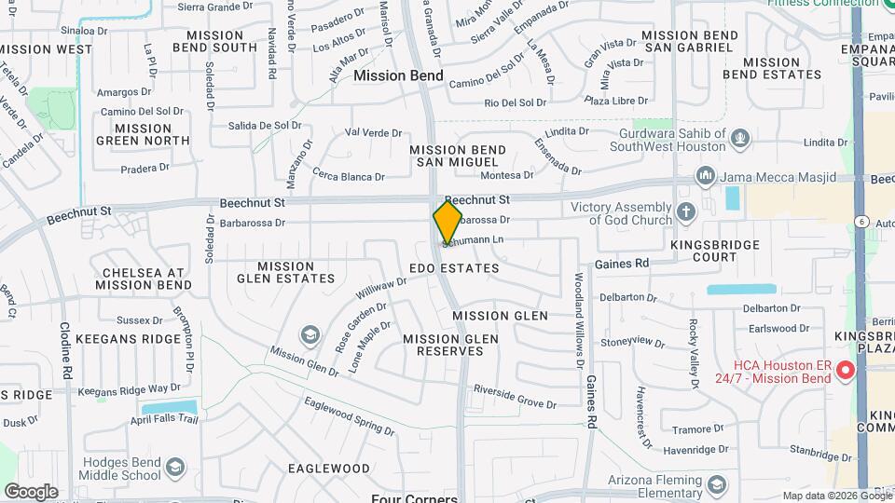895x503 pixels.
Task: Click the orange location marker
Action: pyautogui.click(x=447, y=222)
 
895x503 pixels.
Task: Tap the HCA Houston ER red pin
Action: pyautogui.click(x=846, y=371)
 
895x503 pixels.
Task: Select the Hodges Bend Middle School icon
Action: pyautogui.click(x=173, y=467)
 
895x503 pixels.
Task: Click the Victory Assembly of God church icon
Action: pyautogui.click(x=687, y=212)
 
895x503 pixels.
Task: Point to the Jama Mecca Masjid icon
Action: pyautogui.click(x=705, y=176)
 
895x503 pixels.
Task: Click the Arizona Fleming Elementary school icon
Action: pyautogui.click(x=716, y=485)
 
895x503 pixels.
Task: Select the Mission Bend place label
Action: pyautogui.click(x=392, y=75)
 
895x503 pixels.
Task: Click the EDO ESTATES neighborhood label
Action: pyautogui.click(x=454, y=268)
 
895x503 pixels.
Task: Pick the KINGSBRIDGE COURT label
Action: pyautogui.click(x=715, y=251)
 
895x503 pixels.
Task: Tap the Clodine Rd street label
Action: pyautogui.click(x=66, y=350)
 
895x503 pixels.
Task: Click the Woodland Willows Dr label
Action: pyautogui.click(x=579, y=317)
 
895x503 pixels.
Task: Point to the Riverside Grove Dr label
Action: pyautogui.click(x=514, y=396)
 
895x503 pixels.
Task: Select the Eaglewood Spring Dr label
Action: pyautogui.click(x=349, y=415)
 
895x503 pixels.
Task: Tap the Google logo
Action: pyautogui.click(x=31, y=491)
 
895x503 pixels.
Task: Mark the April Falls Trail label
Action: pyautogui.click(x=165, y=419)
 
